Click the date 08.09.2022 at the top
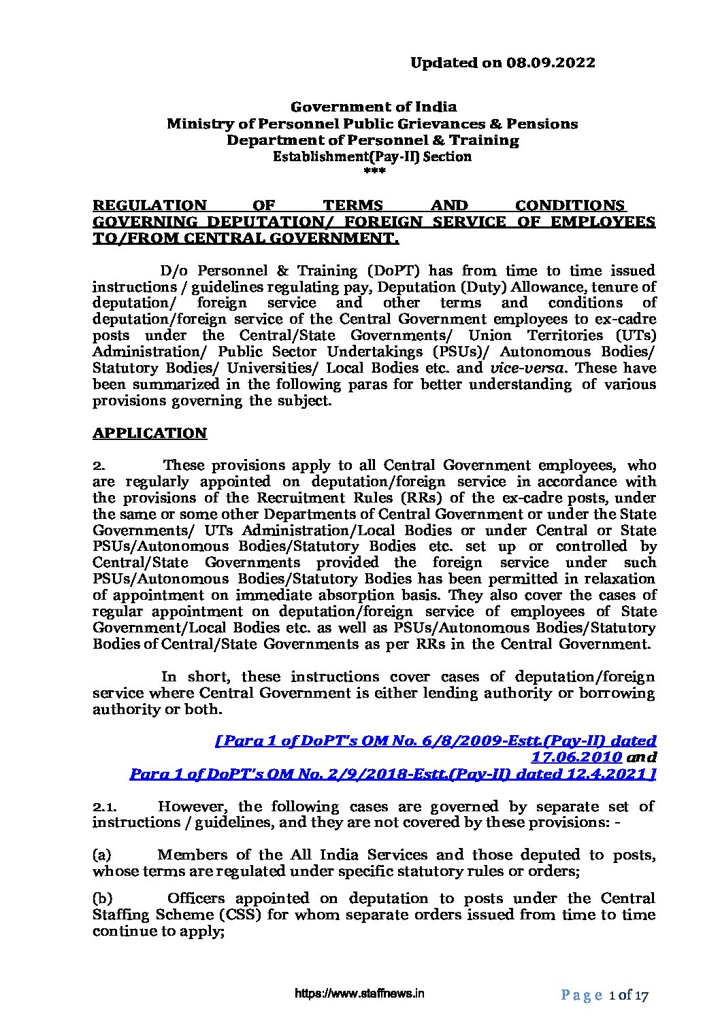click(x=551, y=63)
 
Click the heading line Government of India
click(x=374, y=107)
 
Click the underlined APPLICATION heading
click(x=150, y=433)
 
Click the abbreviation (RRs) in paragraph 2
click(x=428, y=498)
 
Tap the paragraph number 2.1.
click(x=105, y=807)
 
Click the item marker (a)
click(x=101, y=855)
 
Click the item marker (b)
click(x=102, y=898)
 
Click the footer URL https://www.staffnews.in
click(x=359, y=994)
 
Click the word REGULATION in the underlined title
click(x=149, y=205)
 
